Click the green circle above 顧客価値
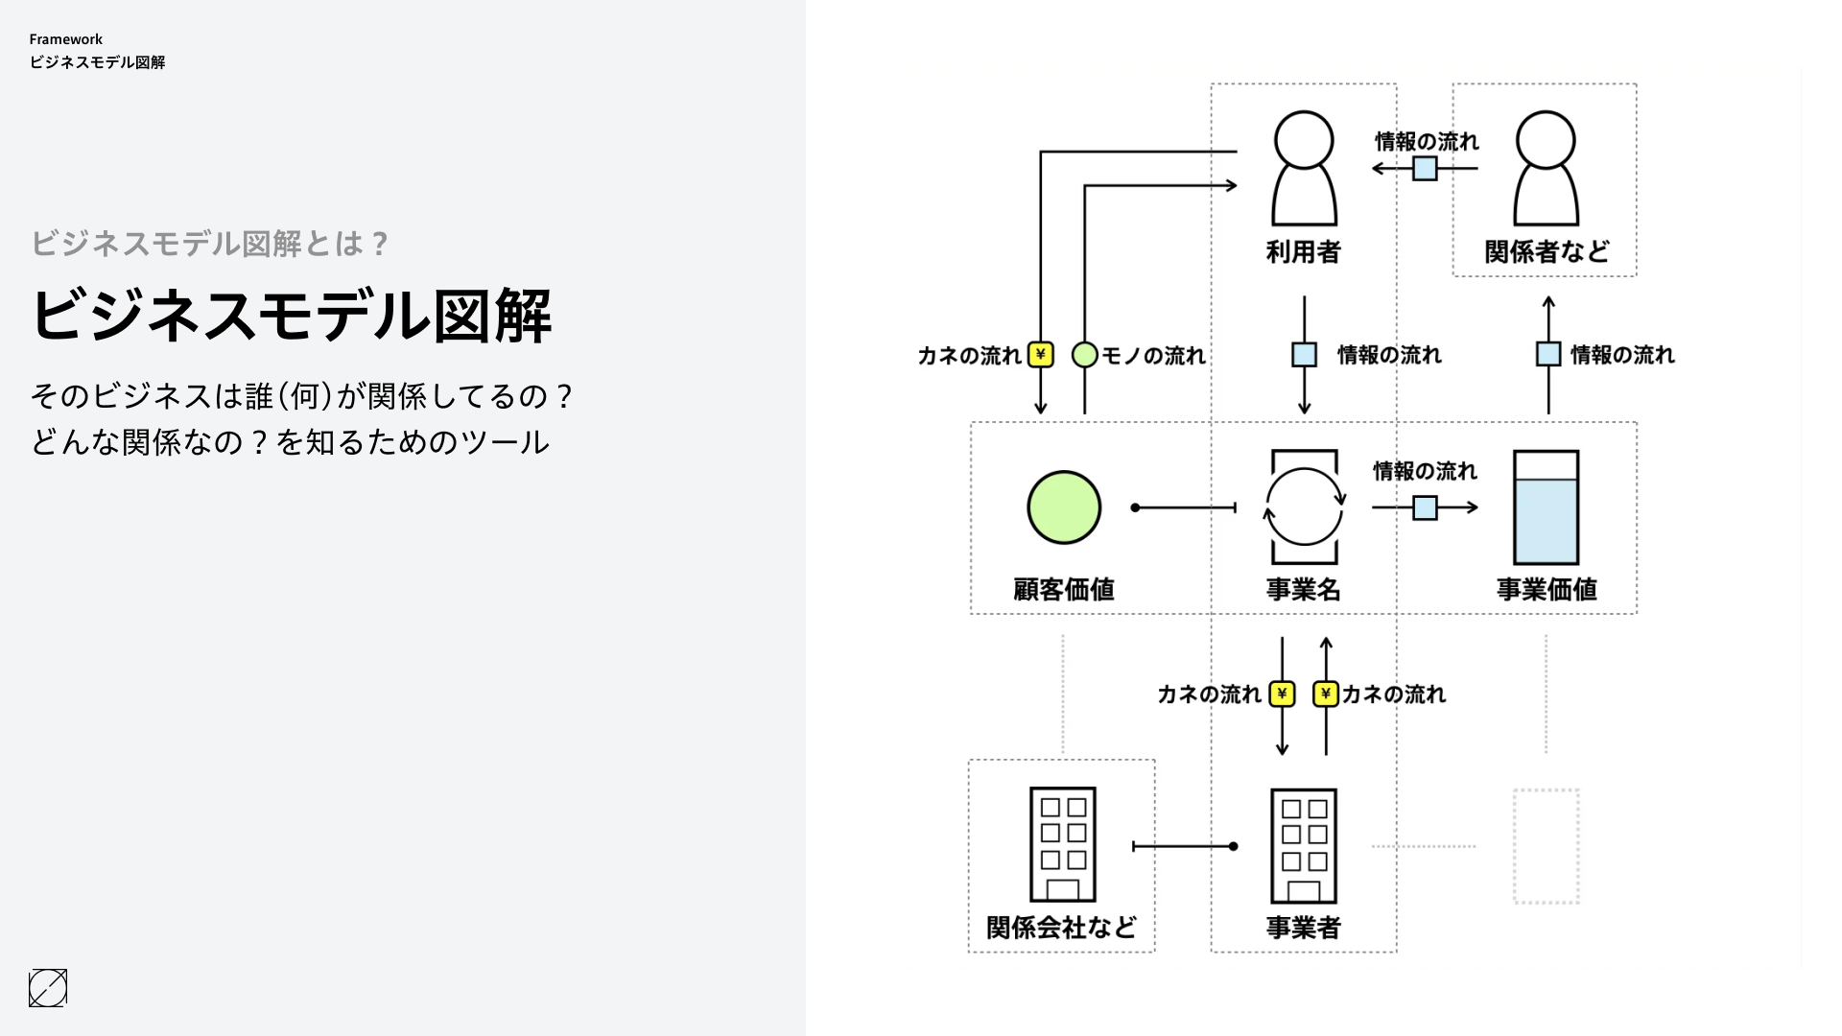[1064, 507]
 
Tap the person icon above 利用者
[1304, 169]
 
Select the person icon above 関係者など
[1546, 169]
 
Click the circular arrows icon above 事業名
[1304, 506]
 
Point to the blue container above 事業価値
[1546, 507]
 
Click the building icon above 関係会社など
[1063, 844]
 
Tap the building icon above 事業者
[1304, 845]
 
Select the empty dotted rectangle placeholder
[1546, 846]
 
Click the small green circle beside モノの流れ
[1084, 355]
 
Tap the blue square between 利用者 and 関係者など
[1425, 169]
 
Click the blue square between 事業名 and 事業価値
[1425, 507]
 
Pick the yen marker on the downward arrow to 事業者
[1282, 694]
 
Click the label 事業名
[1304, 589]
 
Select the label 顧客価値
[1064, 589]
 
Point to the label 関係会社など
[1061, 927]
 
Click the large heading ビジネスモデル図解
[291, 315]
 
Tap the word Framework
[65, 39]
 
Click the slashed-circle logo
[48, 988]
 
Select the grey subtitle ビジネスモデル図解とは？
[210, 244]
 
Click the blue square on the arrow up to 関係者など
[1548, 354]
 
